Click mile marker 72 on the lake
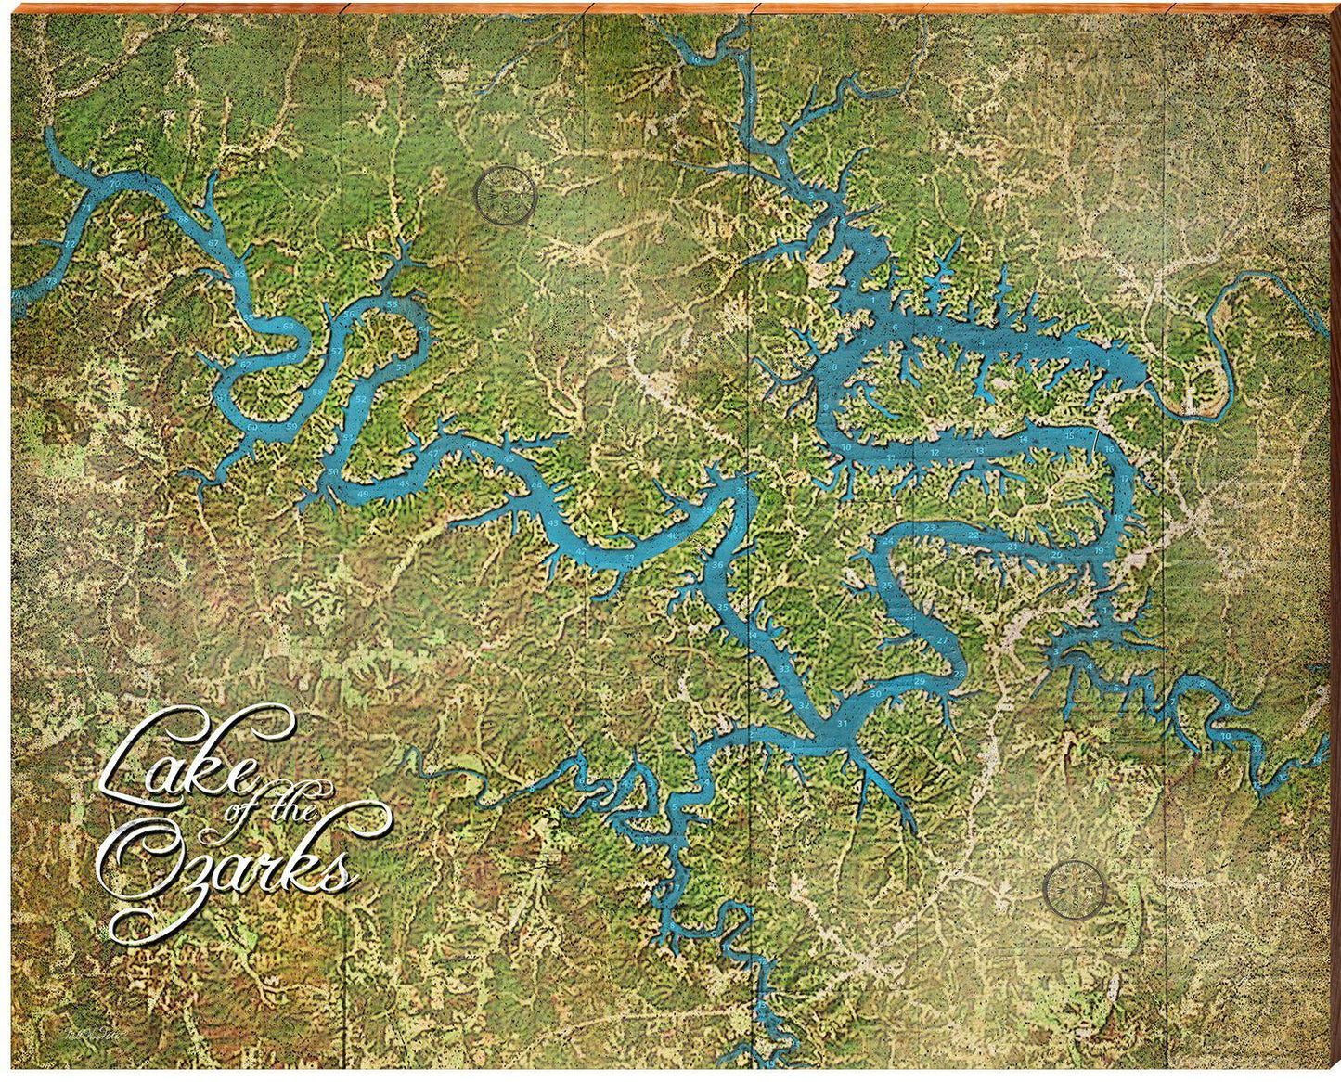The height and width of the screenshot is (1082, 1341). [71, 244]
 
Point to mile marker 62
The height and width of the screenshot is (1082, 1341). [245, 365]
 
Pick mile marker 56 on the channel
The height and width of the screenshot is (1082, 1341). [349, 315]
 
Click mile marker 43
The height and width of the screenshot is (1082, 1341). [553, 523]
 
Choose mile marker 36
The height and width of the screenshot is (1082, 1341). [717, 565]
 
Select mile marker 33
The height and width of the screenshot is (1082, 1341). [784, 669]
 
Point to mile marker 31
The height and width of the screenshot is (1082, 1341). [842, 723]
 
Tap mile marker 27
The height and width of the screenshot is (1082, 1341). [942, 640]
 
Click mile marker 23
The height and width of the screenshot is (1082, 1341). [930, 527]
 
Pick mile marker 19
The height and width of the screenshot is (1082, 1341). [1099, 550]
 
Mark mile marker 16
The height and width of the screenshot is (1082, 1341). [1109, 449]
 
